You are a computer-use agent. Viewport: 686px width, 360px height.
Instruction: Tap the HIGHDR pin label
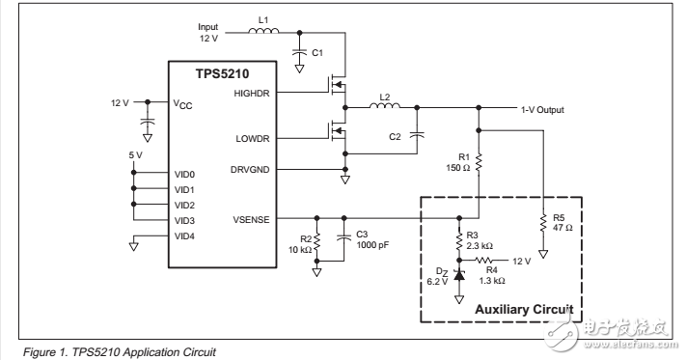[x=254, y=93]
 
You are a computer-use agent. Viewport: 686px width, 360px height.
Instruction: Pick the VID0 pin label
[x=185, y=174]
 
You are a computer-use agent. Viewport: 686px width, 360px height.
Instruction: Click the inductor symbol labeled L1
[x=262, y=31]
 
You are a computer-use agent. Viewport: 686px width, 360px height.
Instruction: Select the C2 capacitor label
[x=395, y=137]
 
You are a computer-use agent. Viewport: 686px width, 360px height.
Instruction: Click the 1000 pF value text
[x=373, y=246]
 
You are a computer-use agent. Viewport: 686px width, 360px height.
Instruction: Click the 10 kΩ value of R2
[x=299, y=250]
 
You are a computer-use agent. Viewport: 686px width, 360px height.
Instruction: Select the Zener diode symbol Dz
[x=458, y=275]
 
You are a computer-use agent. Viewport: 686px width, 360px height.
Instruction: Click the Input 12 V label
[x=209, y=34]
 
